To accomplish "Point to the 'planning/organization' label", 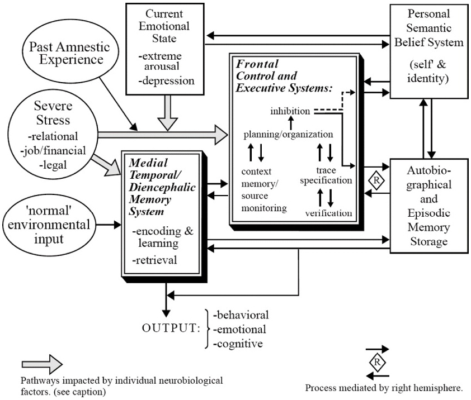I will click(288, 135).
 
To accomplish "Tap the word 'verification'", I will click(329, 212).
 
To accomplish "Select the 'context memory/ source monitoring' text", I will click(261, 189).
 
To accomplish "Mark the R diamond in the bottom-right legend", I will click(378, 362).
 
